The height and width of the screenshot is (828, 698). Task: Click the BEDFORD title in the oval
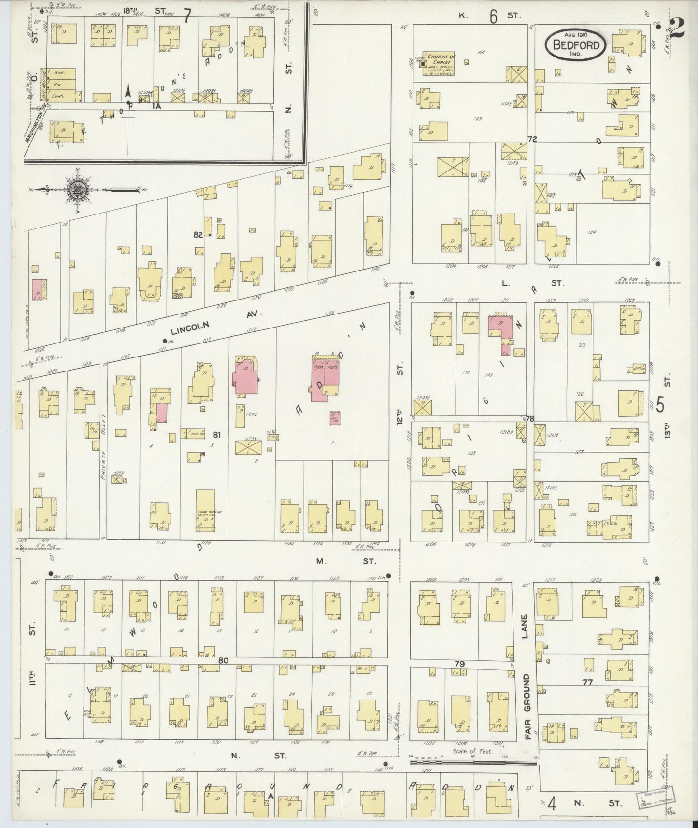point(575,46)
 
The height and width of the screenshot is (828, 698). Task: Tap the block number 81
point(216,435)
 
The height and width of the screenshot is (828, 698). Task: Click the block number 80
point(222,660)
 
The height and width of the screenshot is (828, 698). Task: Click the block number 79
point(458,665)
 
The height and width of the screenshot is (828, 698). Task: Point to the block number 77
point(588,682)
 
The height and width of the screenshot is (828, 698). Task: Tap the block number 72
point(532,139)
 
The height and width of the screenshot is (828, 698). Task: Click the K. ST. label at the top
point(492,16)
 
